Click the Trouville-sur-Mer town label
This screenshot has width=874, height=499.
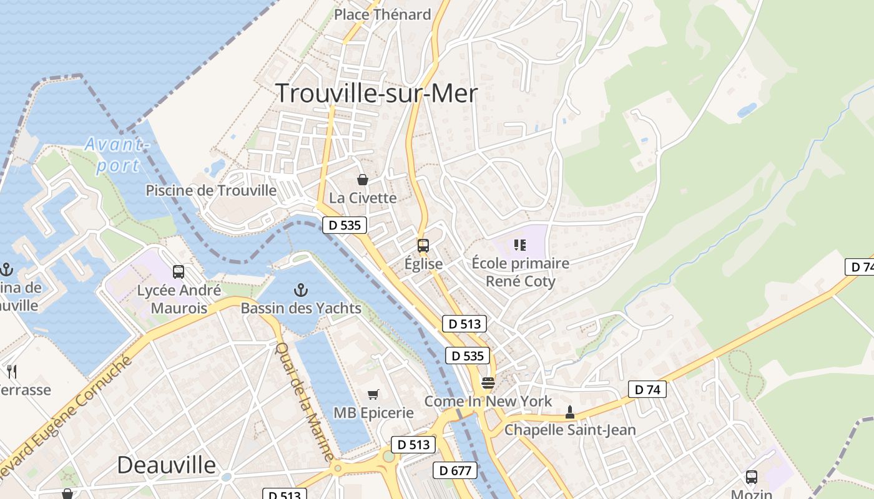tap(376, 94)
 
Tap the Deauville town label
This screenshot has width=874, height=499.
tap(166, 465)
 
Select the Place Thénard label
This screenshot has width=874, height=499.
tap(382, 14)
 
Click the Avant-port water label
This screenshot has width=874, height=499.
tap(117, 155)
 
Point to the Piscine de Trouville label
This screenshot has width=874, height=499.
tap(211, 190)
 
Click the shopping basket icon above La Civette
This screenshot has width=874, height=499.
tap(363, 180)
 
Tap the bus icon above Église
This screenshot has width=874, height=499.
tap(423, 245)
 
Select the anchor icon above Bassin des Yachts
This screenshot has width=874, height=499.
tap(301, 290)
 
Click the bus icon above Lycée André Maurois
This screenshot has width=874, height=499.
tap(179, 272)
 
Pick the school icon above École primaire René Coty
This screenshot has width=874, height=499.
tap(519, 245)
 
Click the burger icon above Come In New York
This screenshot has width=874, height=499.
tap(488, 382)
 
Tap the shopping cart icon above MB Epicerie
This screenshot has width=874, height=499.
tap(373, 394)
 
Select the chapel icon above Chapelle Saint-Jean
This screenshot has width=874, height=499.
tap(569, 412)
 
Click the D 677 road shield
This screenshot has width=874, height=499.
tap(455, 470)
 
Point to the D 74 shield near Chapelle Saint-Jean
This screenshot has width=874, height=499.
tap(647, 390)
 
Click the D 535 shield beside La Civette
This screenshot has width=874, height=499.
tap(344, 225)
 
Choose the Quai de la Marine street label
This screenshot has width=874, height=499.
tap(303, 402)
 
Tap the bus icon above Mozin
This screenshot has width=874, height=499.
tap(752, 477)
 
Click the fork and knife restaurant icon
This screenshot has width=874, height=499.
tap(11, 372)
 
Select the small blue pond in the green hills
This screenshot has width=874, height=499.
tap(747, 111)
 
